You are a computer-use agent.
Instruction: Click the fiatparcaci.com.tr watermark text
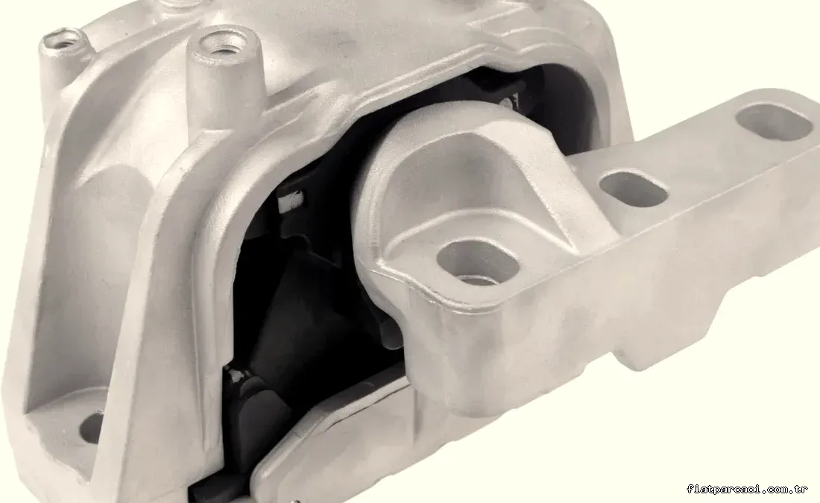[747, 489]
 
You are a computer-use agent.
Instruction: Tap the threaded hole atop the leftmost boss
[62, 41]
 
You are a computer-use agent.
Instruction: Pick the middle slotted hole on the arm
[634, 189]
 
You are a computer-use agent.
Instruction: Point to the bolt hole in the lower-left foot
[91, 427]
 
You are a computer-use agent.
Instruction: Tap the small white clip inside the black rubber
[291, 201]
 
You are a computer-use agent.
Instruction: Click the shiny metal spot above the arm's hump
[509, 101]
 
